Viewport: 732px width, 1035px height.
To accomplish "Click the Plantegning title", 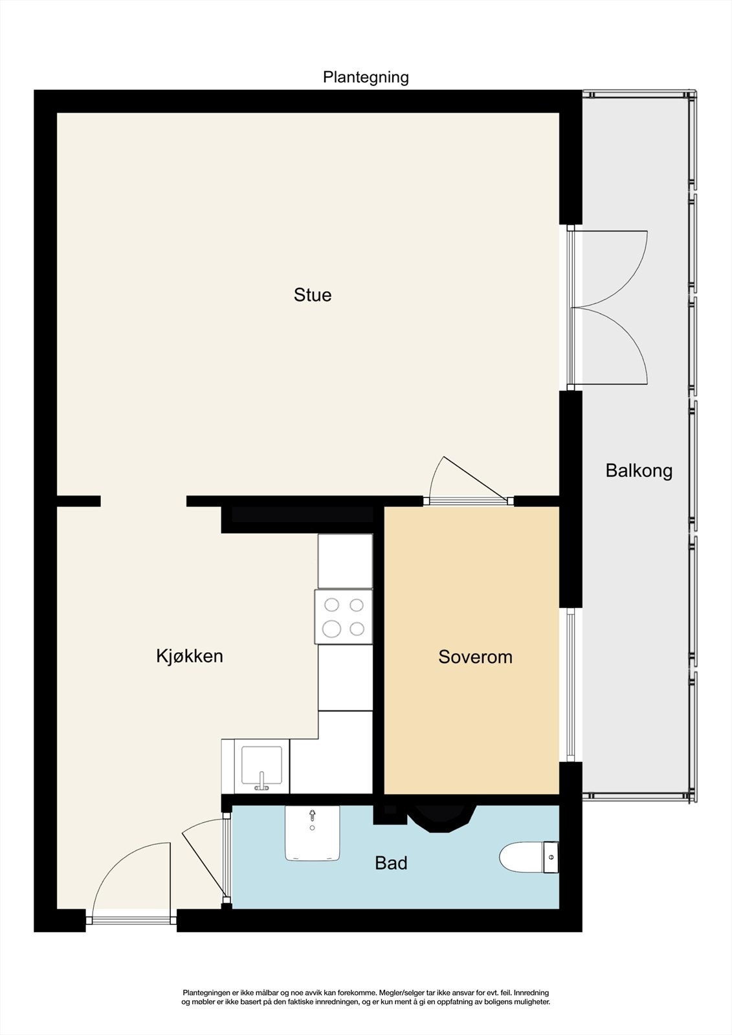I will click(366, 78).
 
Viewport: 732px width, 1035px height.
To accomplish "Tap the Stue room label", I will click(313, 295).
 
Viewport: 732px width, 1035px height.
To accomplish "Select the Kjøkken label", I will click(190, 656).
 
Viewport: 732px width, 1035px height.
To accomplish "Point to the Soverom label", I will click(475, 657).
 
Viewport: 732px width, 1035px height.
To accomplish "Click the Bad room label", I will click(391, 863).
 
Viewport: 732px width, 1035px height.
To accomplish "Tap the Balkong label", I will click(639, 471).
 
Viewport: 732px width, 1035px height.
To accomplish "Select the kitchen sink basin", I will click(261, 765).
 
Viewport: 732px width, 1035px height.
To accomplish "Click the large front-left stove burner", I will click(331, 628).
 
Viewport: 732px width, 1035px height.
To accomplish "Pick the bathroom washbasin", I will click(313, 833).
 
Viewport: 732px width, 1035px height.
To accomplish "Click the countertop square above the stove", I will click(345, 561).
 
